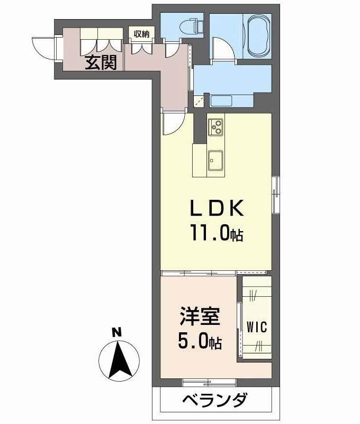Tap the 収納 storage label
tap(141, 34)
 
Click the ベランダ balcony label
tap(215, 399)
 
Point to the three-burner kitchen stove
tap(217, 127)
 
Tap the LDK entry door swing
tap(173, 123)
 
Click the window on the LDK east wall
tap(276, 194)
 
